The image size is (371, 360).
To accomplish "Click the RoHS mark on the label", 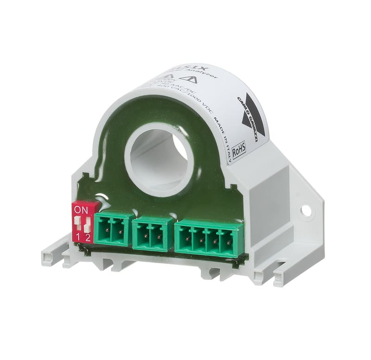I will pyautogui.click(x=239, y=149).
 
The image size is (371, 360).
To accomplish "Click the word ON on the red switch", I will pyautogui.click(x=81, y=210).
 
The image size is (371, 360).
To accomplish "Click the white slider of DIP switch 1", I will pyautogui.click(x=77, y=221).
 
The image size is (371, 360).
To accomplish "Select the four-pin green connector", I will pyautogui.click(x=209, y=238).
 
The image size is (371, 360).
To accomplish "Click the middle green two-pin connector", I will pyautogui.click(x=153, y=234).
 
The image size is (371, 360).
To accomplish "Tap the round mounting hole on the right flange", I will pyautogui.click(x=306, y=210).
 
